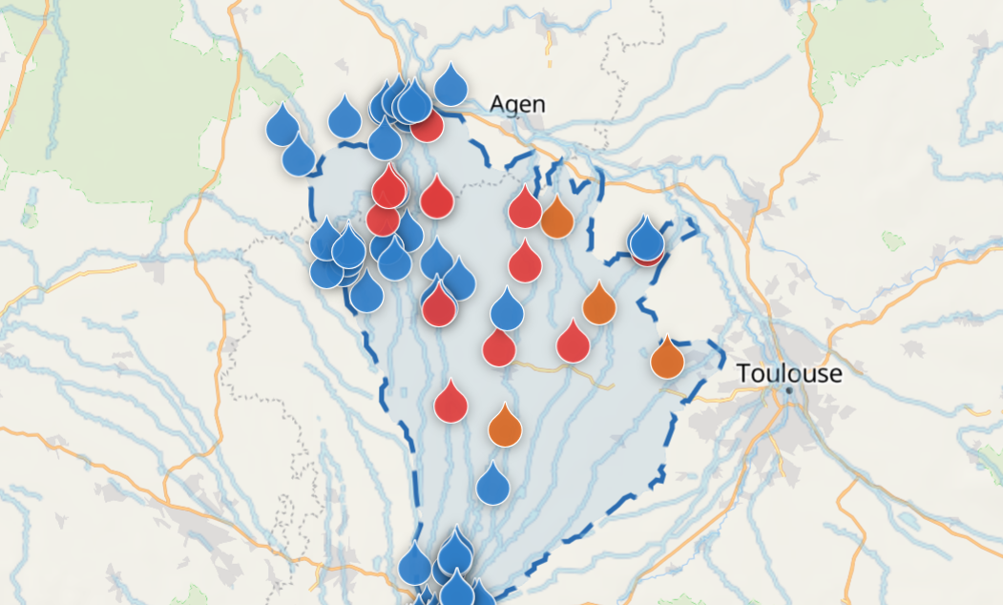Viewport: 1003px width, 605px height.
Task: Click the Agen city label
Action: [518, 104]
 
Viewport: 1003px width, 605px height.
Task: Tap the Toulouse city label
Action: [789, 373]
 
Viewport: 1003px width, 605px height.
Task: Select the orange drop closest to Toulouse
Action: [667, 360]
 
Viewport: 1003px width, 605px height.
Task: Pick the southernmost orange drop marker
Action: [504, 428]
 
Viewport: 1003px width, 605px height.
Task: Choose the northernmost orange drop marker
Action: [556, 219]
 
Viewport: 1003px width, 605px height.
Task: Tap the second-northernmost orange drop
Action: [598, 305]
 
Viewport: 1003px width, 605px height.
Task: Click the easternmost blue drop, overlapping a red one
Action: [646, 238]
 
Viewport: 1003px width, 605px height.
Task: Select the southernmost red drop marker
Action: [450, 403]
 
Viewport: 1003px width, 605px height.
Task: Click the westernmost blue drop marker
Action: [282, 126]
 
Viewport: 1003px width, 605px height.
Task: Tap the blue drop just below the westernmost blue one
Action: [299, 156]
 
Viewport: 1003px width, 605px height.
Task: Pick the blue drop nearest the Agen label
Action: [450, 86]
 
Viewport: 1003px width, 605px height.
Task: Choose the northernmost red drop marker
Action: [428, 126]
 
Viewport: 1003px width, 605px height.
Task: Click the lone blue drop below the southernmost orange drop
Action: [492, 485]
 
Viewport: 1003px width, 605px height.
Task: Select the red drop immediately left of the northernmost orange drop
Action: [525, 209]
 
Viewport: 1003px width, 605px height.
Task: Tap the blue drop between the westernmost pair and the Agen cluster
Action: [345, 118]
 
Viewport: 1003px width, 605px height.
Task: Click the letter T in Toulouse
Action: [744, 373]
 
